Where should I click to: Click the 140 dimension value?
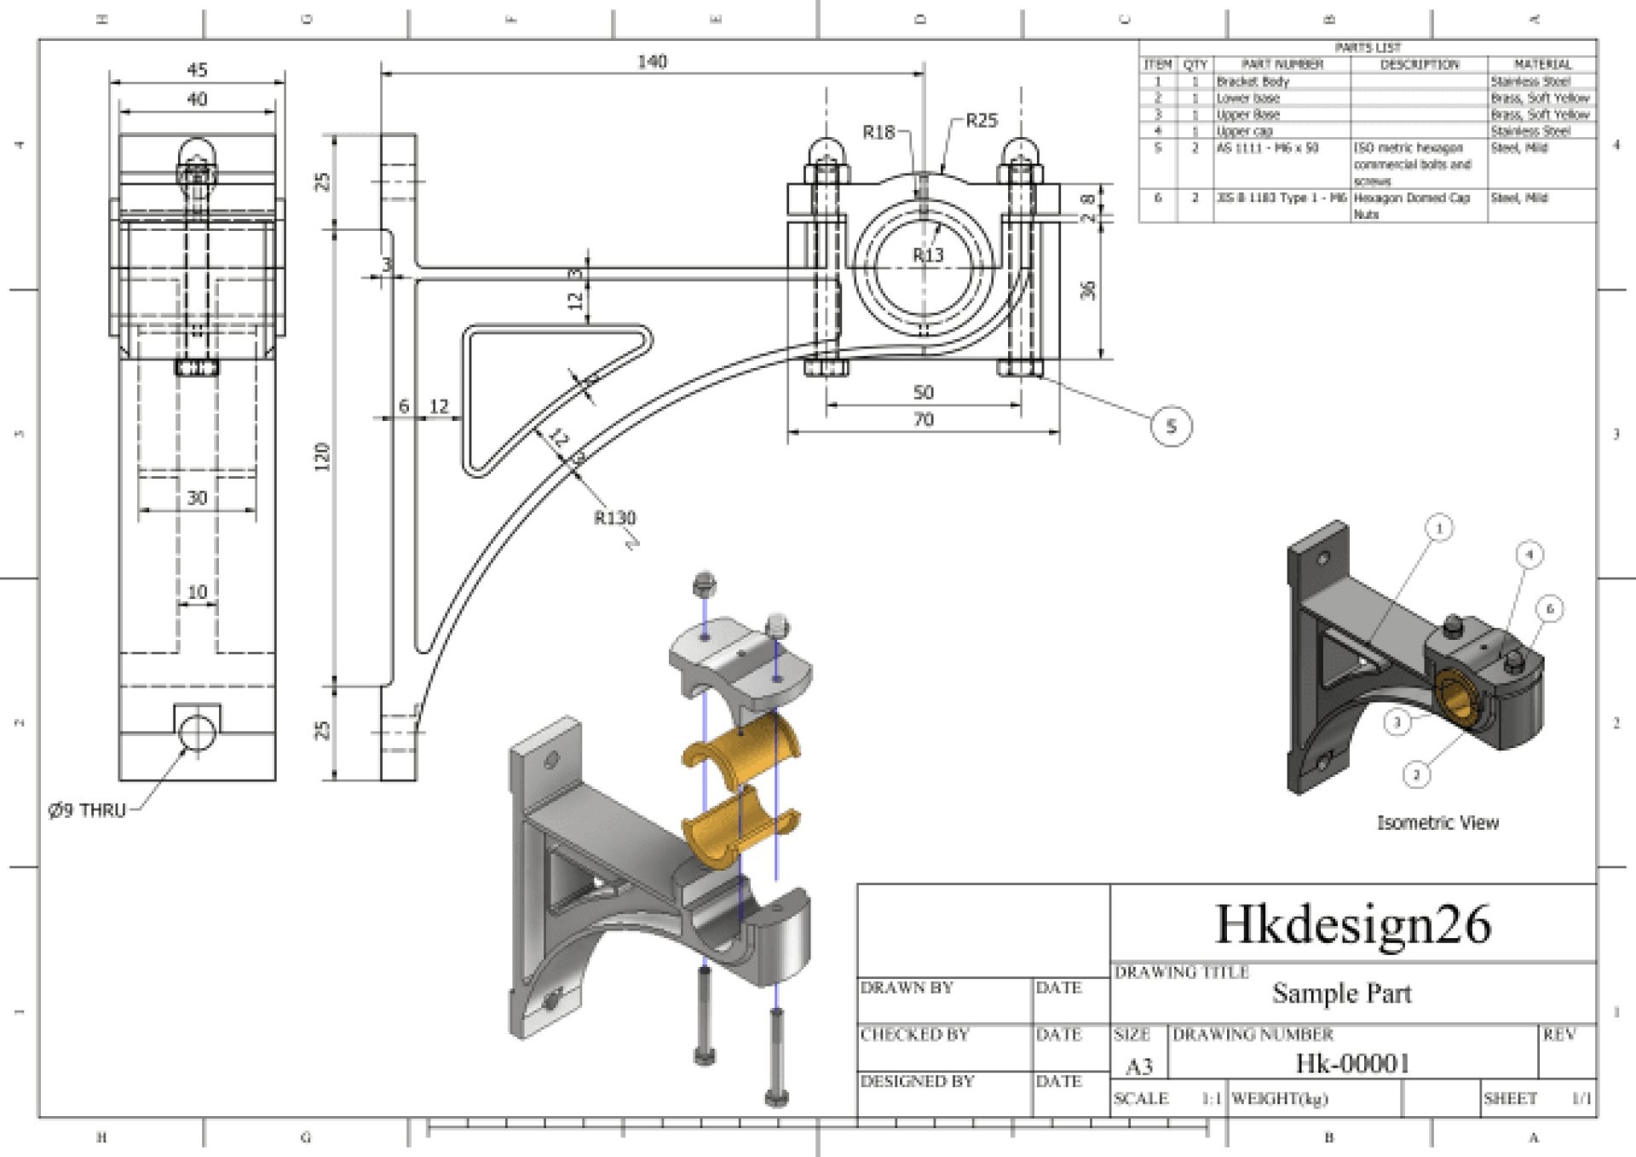[652, 61]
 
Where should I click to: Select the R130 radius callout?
[614, 517]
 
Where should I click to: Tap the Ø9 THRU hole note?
[87, 810]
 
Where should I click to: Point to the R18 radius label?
[878, 132]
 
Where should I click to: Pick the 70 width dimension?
[923, 419]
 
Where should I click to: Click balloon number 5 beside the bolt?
[1171, 426]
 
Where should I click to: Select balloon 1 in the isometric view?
[1439, 528]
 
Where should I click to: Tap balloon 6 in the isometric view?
[1550, 608]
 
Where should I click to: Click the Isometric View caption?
[1437, 823]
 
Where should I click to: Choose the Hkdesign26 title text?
[1352, 924]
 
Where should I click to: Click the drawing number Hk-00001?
[1352, 1063]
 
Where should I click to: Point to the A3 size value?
[1139, 1066]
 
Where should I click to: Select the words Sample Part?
[1341, 993]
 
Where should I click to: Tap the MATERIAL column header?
[1541, 65]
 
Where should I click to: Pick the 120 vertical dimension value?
[322, 457]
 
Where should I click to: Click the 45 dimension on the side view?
[197, 70]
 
